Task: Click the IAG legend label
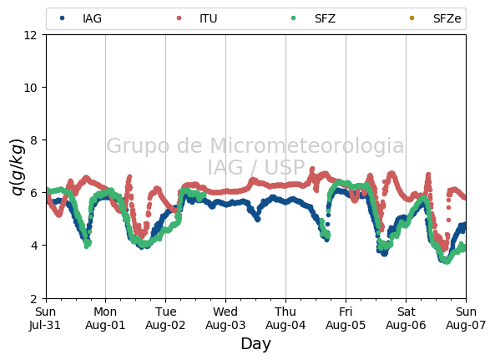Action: point(92,18)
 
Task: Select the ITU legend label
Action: point(209,18)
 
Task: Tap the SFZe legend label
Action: point(447,18)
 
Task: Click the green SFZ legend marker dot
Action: point(293,18)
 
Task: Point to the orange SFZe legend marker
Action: point(412,18)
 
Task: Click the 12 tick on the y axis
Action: point(30,35)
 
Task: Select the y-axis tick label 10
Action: point(30,88)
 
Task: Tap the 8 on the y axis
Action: point(33,140)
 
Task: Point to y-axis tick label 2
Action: point(33,299)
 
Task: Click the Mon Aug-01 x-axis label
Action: point(105,318)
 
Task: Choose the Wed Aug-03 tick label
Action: point(225,318)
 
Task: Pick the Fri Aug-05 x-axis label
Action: point(346,318)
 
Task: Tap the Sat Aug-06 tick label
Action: point(406,318)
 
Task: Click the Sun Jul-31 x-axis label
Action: point(45,318)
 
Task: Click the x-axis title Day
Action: point(255,344)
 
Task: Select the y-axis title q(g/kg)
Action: point(18,167)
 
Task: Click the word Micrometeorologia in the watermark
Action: point(306,146)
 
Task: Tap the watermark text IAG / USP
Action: point(256,167)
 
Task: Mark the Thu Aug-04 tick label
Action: point(285,318)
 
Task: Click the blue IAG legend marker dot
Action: point(62,18)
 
